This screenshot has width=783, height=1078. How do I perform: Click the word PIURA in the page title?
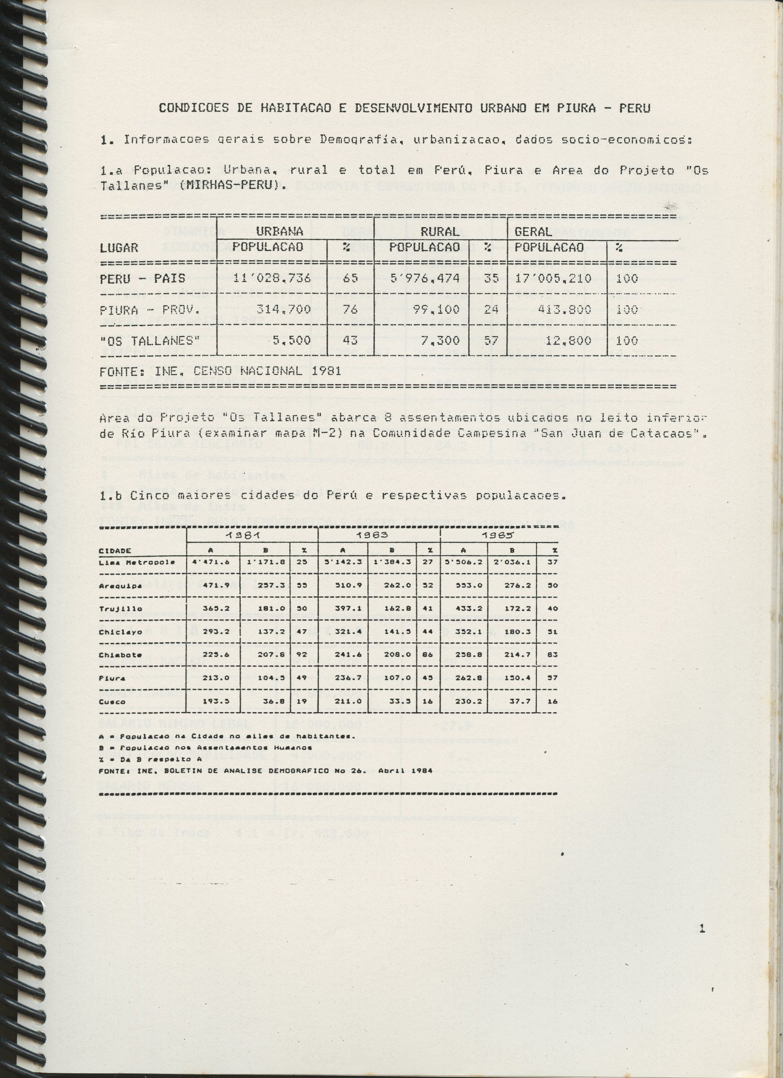pyautogui.click(x=576, y=108)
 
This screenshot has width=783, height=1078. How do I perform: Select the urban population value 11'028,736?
pyautogui.click(x=272, y=278)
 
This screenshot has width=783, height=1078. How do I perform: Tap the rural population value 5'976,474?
pyautogui.click(x=424, y=278)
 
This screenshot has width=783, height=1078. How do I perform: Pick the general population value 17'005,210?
pyautogui.click(x=553, y=278)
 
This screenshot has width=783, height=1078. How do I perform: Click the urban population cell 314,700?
pyautogui.click(x=284, y=310)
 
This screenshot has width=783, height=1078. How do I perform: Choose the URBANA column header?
pyautogui.click(x=280, y=232)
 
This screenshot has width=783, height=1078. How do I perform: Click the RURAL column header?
pyautogui.click(x=440, y=232)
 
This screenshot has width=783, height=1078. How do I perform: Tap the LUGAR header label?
pyautogui.click(x=119, y=248)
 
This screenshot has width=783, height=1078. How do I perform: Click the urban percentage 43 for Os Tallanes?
pyautogui.click(x=350, y=340)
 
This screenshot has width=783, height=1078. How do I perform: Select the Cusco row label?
pyautogui.click(x=112, y=702)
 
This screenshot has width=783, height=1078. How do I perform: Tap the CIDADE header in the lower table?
pyautogui.click(x=115, y=551)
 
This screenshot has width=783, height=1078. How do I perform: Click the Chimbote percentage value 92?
pyautogui.click(x=302, y=655)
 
